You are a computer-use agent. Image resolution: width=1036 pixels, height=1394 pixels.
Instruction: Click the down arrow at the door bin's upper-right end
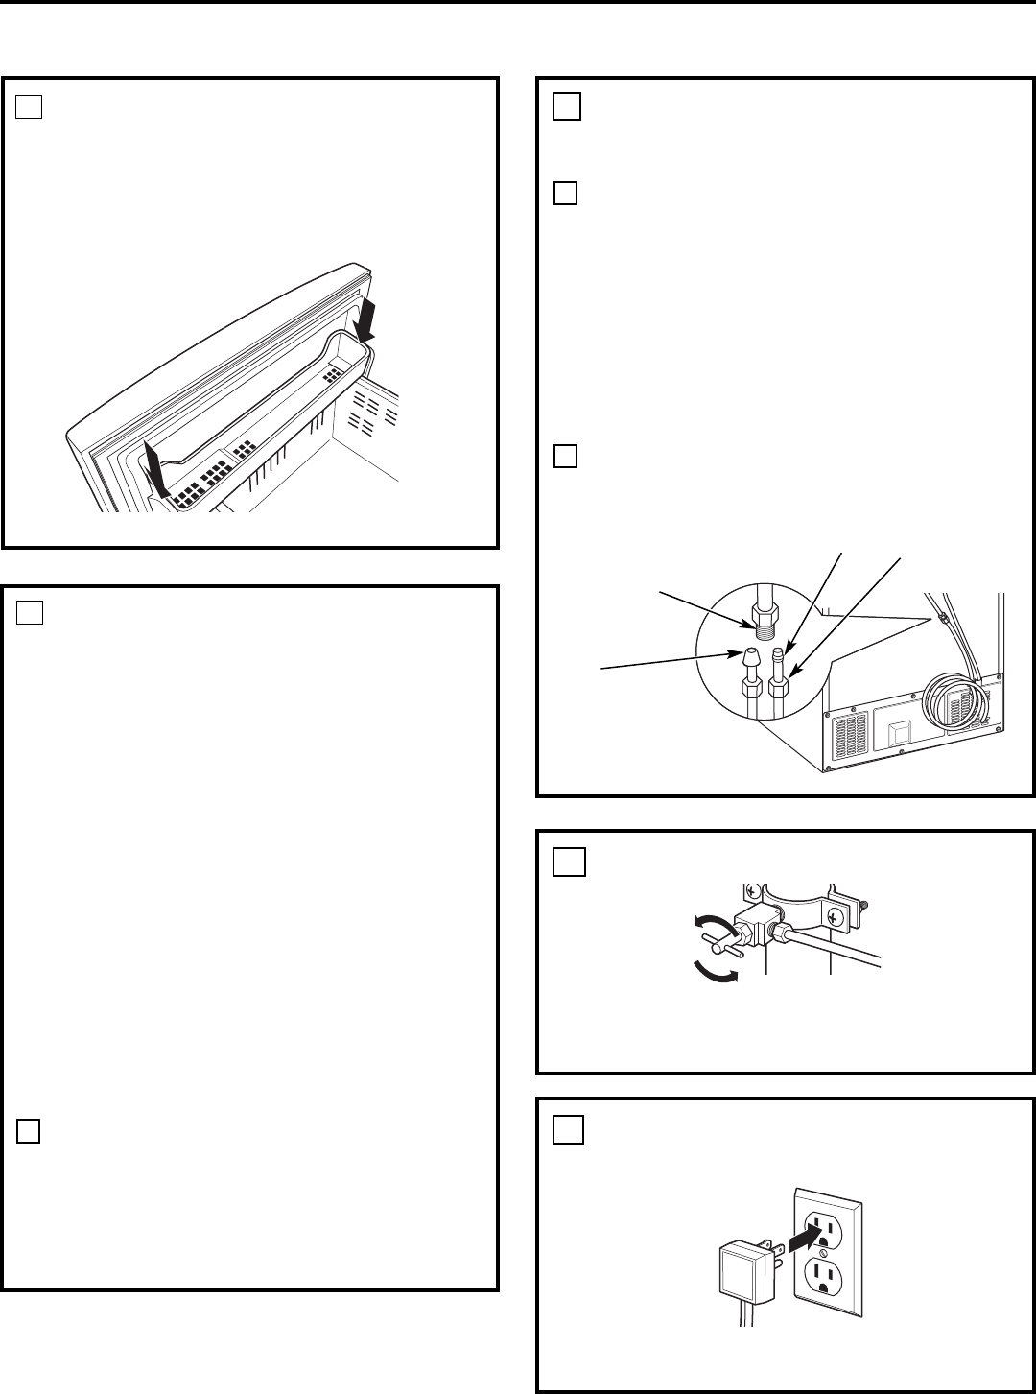(365, 320)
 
